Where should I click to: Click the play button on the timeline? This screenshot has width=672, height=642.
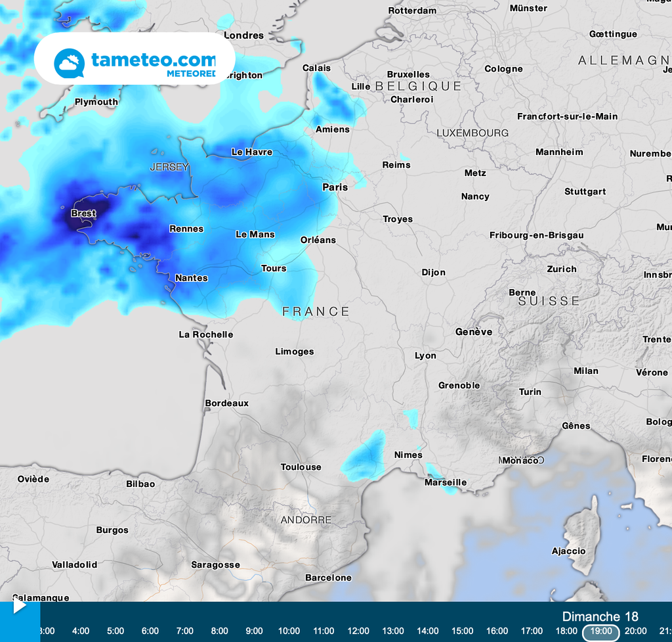(x=20, y=605)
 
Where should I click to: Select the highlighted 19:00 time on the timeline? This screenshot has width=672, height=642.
(x=601, y=631)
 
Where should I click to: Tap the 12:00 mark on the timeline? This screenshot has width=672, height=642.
(x=358, y=631)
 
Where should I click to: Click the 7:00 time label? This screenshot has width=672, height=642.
(x=185, y=631)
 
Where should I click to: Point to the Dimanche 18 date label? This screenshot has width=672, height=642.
(x=600, y=616)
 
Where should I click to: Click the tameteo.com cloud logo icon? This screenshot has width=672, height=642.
(x=70, y=63)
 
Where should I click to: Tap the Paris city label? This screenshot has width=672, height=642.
(x=335, y=187)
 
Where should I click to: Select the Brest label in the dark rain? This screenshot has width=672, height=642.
(x=83, y=214)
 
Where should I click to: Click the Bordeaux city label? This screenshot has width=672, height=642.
(x=227, y=403)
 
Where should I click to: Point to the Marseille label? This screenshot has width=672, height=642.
(x=446, y=482)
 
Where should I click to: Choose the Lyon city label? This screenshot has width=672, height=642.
(x=425, y=355)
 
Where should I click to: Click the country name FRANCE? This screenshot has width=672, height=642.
(x=316, y=311)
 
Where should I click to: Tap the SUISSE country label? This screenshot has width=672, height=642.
(x=549, y=301)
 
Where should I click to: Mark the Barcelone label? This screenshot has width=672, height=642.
(x=328, y=578)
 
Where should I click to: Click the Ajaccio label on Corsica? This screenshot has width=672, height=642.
(x=568, y=551)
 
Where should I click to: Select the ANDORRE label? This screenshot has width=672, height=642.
(x=306, y=520)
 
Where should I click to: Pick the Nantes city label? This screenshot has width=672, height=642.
(x=192, y=278)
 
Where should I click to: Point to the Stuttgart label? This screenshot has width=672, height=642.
(x=585, y=192)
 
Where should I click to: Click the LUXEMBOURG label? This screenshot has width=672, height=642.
(x=472, y=133)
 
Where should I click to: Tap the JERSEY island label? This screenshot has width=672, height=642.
(x=169, y=167)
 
